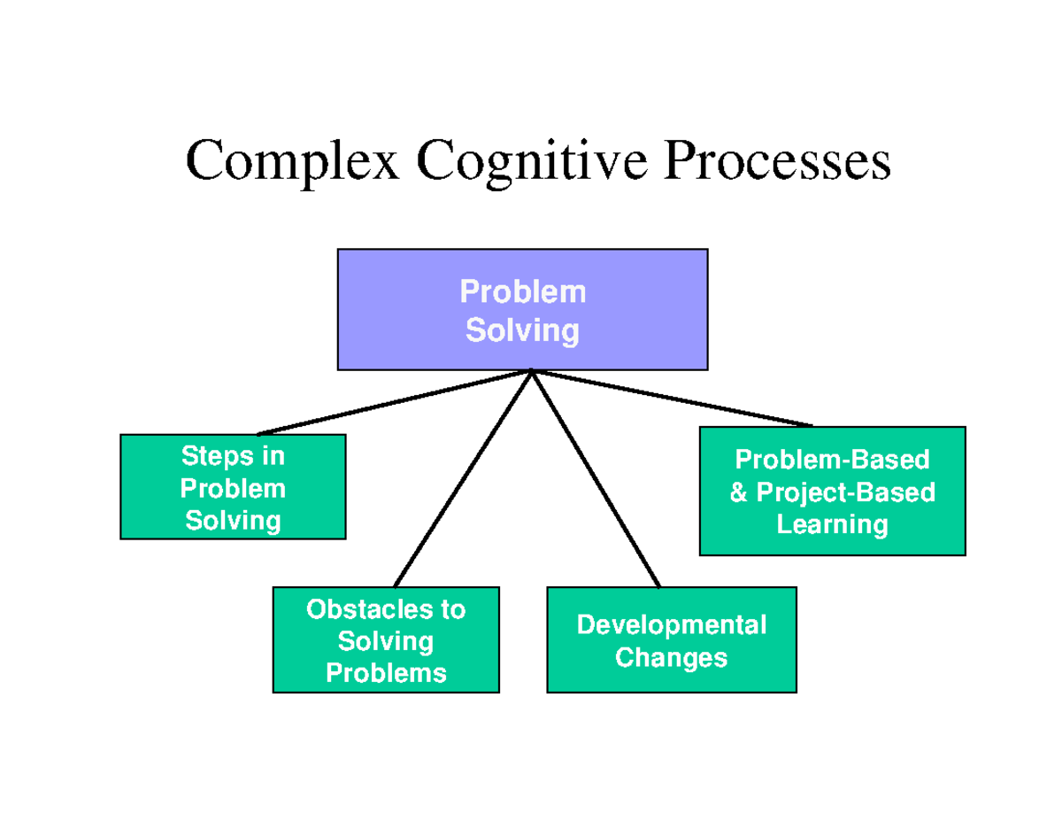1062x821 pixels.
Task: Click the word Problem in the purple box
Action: click(x=522, y=291)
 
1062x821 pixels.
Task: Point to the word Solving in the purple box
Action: click(x=522, y=330)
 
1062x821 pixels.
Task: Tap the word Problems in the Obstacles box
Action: click(x=386, y=673)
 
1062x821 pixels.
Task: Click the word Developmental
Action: click(x=671, y=625)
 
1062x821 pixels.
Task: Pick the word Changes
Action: click(x=671, y=658)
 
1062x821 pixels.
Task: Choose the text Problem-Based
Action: click(x=832, y=460)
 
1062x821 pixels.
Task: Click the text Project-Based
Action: click(x=844, y=492)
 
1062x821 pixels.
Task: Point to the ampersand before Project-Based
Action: click(x=737, y=492)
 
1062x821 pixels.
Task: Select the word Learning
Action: click(x=832, y=524)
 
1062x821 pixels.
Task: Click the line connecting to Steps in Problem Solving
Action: click(x=394, y=402)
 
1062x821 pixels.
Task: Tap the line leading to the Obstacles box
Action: click(x=462, y=479)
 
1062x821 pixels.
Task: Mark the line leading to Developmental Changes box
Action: click(x=596, y=479)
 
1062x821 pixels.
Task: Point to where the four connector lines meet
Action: click(x=531, y=371)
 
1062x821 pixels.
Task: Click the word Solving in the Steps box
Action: click(x=233, y=520)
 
